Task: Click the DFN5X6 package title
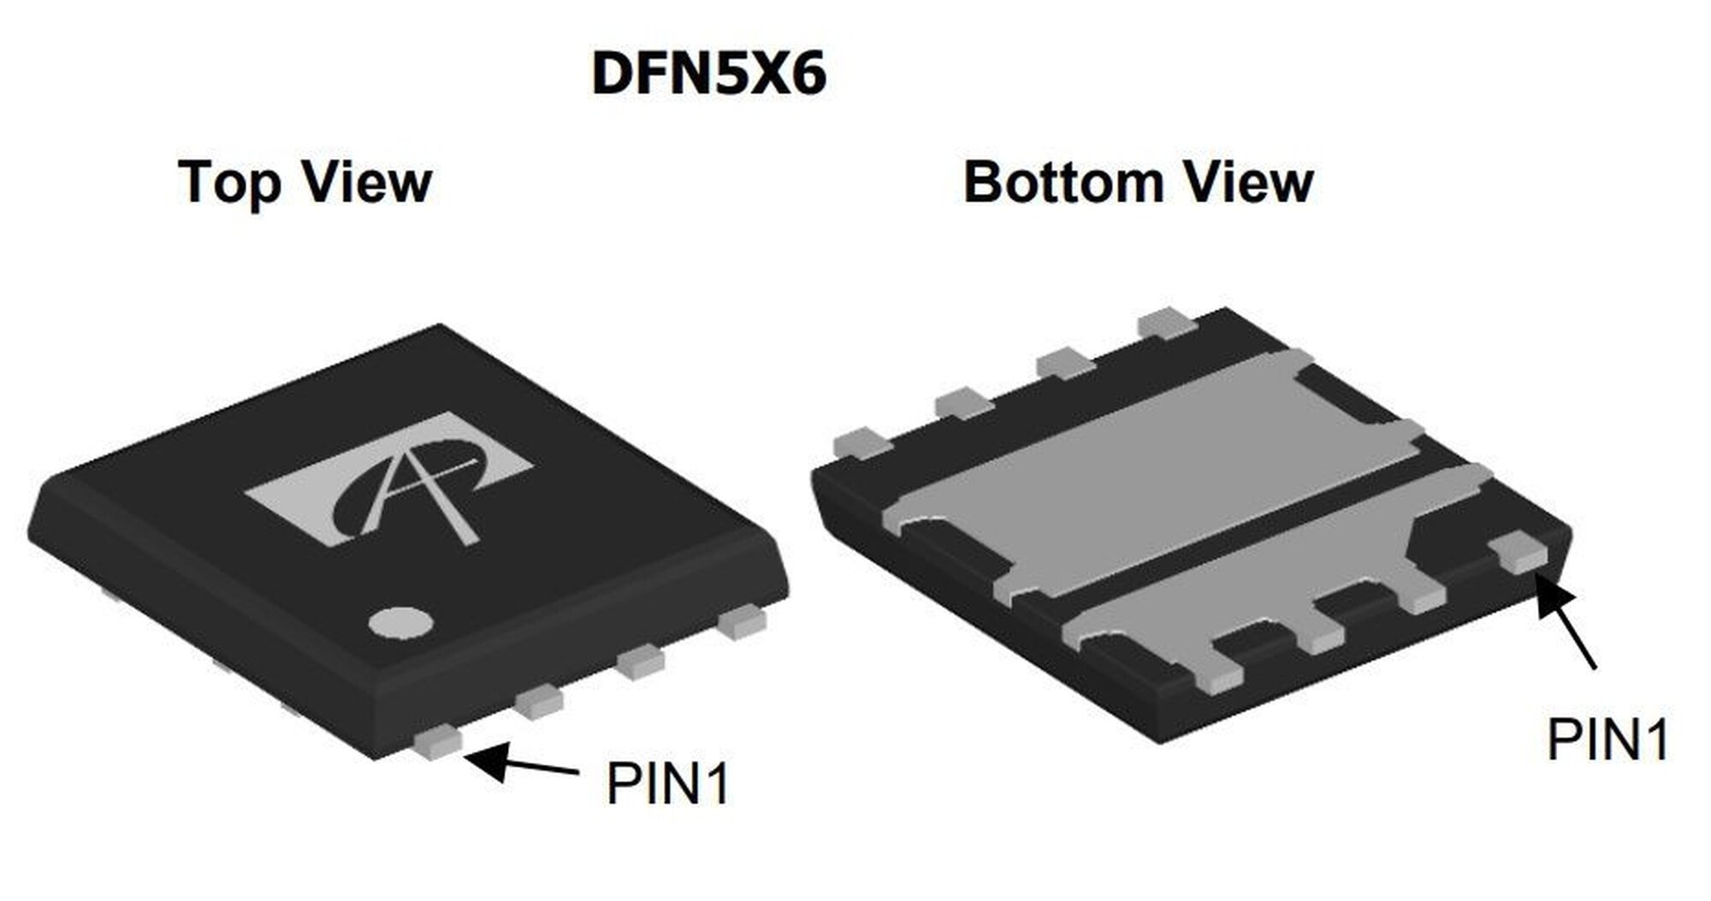[x=708, y=74]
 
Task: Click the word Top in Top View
[x=229, y=182]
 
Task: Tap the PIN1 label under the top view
[x=668, y=782]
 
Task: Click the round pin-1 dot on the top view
[x=400, y=623]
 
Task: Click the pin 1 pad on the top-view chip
[x=437, y=742]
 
